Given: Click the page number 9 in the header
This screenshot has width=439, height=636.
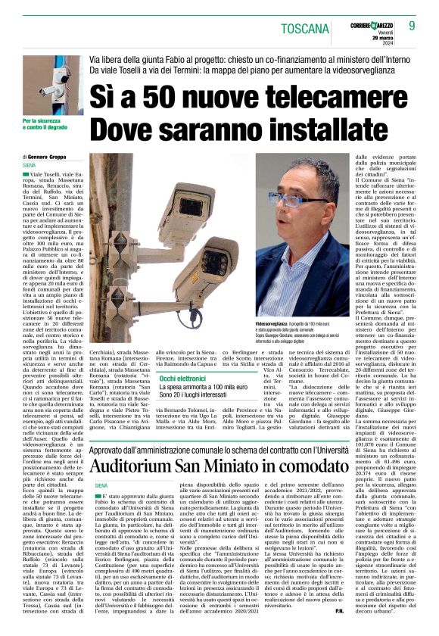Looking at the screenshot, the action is pyautogui.click(x=412, y=26).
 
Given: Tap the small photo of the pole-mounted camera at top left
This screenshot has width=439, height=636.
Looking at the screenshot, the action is pyautogui.click(x=52, y=85).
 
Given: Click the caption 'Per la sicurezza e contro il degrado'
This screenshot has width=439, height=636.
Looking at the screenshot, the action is pyautogui.click(x=45, y=123).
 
